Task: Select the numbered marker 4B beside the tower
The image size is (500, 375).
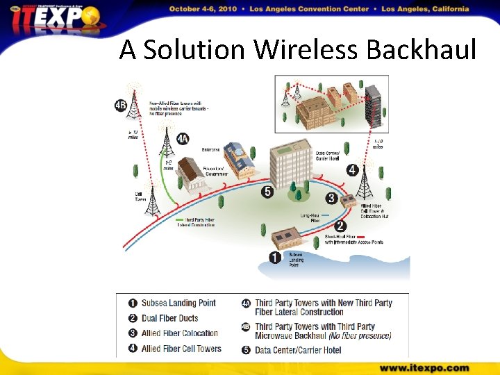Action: click(121, 106)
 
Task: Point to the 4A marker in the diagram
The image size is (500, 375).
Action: click(182, 139)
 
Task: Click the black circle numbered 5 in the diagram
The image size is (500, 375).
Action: click(267, 192)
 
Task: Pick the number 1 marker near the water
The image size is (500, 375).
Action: click(275, 258)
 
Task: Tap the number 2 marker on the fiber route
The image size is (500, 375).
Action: click(340, 226)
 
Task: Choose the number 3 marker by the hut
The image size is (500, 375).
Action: click(331, 199)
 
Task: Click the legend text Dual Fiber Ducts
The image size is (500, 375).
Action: click(169, 318)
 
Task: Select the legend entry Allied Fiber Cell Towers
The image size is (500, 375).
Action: click(181, 349)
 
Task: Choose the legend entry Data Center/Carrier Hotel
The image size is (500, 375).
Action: click(298, 349)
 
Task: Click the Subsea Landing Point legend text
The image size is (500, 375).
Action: click(178, 303)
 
